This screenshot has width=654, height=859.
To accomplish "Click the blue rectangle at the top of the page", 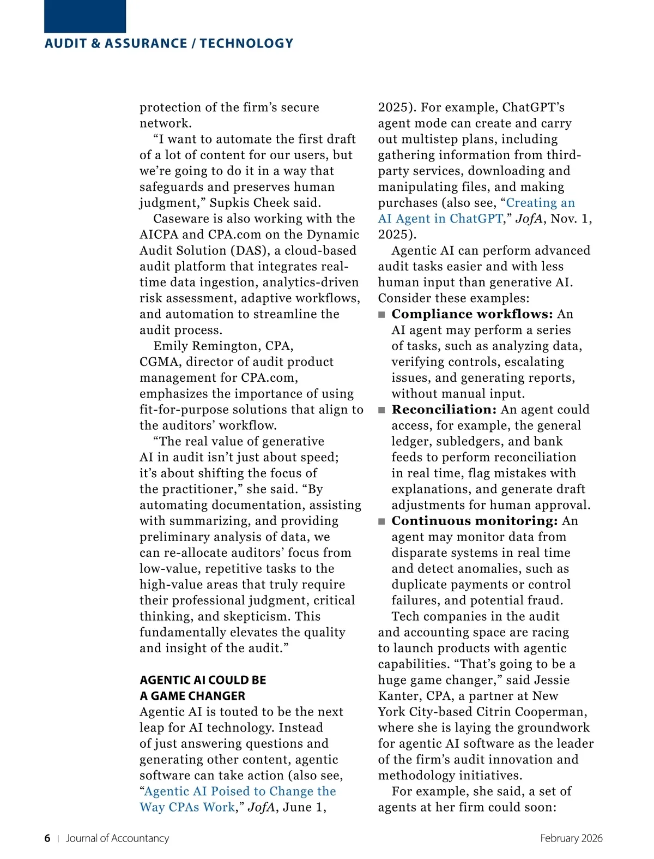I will click(x=85, y=16).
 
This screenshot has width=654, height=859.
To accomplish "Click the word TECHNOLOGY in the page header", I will click(x=246, y=44).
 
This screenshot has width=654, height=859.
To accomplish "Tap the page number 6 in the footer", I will click(x=47, y=838).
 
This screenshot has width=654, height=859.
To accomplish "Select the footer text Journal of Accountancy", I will click(x=117, y=838).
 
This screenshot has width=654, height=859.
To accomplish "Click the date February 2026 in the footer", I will click(x=571, y=838).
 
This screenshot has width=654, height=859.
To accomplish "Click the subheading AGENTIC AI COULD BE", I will click(x=203, y=680).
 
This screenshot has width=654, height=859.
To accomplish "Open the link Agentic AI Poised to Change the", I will click(x=240, y=791).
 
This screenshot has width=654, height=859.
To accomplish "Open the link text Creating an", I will click(x=540, y=203).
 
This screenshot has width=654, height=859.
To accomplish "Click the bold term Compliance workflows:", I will click(x=472, y=314).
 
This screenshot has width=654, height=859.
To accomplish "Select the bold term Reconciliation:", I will click(x=444, y=410).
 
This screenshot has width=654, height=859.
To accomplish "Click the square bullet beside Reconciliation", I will click(x=381, y=410).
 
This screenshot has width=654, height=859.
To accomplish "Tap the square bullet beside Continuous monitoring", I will click(x=381, y=521).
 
